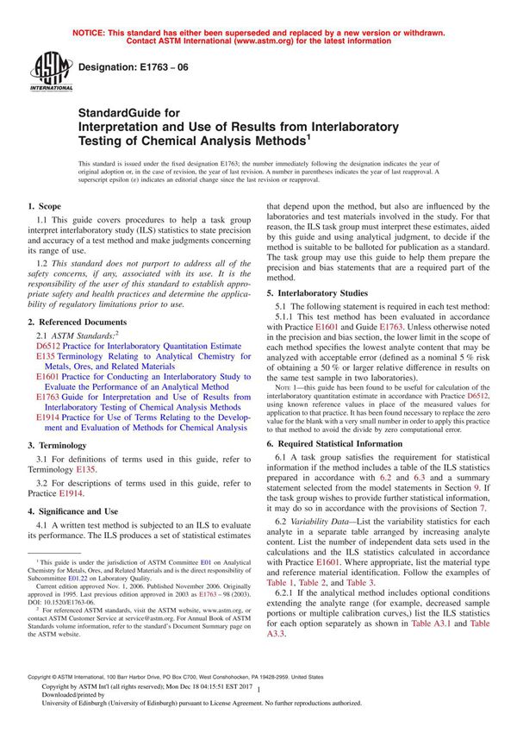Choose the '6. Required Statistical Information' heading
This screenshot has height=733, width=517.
(346, 443)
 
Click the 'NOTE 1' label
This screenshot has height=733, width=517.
(290, 386)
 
